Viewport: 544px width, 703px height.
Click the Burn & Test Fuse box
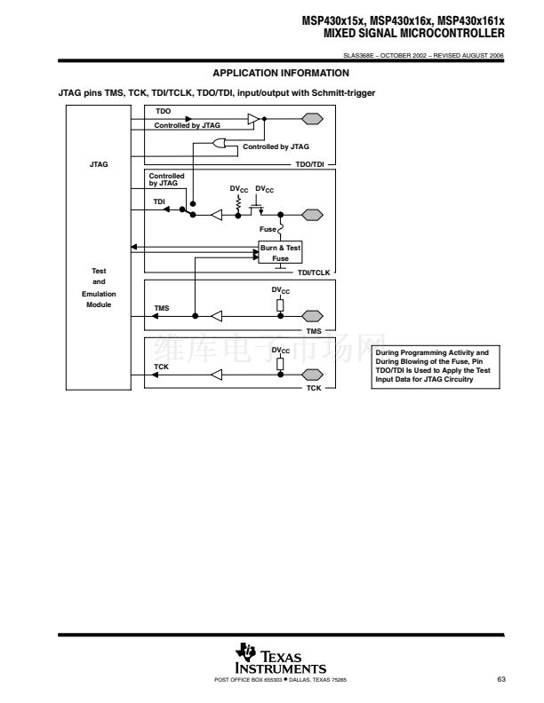point(280,252)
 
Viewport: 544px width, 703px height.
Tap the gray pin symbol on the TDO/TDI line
point(312,119)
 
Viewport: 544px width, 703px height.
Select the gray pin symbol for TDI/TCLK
point(312,215)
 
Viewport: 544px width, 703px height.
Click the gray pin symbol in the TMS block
point(312,316)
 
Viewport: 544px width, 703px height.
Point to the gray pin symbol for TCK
point(312,375)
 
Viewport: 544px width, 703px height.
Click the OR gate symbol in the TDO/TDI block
point(219,144)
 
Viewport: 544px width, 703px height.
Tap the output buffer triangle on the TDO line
point(253,119)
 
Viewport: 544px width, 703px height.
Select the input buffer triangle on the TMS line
point(216,316)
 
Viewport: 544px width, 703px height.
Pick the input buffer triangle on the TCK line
point(216,375)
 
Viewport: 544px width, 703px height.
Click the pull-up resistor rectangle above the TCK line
point(280,364)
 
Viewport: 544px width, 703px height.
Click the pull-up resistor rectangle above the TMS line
point(280,304)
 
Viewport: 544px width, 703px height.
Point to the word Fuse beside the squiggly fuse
point(268,229)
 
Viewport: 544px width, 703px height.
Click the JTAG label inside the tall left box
point(99,164)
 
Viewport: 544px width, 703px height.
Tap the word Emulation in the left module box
point(99,294)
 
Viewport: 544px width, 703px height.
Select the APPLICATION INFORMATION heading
point(281,73)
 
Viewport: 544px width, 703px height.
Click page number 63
point(501,679)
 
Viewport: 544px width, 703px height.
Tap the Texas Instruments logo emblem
point(245,652)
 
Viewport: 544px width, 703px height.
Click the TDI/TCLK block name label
point(314,273)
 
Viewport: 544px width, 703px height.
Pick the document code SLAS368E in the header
point(358,56)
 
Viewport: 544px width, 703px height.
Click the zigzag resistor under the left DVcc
point(238,203)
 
